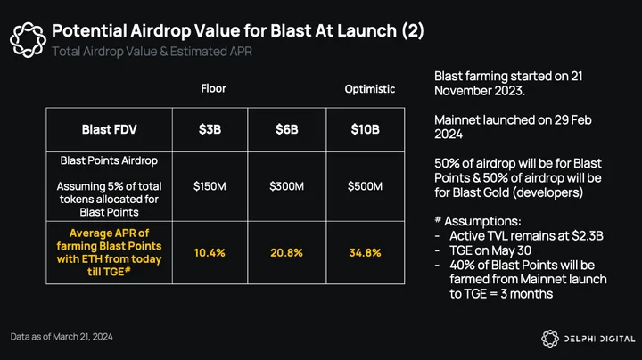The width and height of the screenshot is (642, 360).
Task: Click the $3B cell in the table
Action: click(x=210, y=129)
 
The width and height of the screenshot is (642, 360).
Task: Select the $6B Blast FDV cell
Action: click(x=286, y=129)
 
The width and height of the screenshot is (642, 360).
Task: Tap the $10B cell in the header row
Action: click(x=365, y=129)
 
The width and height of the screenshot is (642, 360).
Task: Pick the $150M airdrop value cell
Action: click(x=210, y=186)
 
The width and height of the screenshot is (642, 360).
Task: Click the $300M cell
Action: click(x=286, y=186)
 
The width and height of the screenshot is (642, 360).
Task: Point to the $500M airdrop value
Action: click(x=365, y=186)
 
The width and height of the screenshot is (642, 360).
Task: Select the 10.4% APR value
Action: click(x=210, y=253)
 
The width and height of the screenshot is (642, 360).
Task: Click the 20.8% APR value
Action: click(x=286, y=253)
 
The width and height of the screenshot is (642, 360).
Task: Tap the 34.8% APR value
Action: click(x=365, y=253)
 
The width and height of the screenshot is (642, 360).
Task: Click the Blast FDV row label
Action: click(x=109, y=129)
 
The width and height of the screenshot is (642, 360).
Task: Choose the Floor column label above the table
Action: click(x=213, y=88)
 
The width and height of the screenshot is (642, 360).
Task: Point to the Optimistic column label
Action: click(x=370, y=89)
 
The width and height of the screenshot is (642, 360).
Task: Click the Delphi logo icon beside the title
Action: click(x=28, y=40)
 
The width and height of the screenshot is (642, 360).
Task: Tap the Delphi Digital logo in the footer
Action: click(x=588, y=339)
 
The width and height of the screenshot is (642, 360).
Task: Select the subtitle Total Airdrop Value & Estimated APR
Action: click(x=152, y=52)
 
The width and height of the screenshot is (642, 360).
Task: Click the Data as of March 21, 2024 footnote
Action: click(x=62, y=337)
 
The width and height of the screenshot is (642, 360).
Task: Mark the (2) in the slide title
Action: click(x=413, y=30)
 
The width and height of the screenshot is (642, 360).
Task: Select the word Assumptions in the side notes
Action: click(x=482, y=221)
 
